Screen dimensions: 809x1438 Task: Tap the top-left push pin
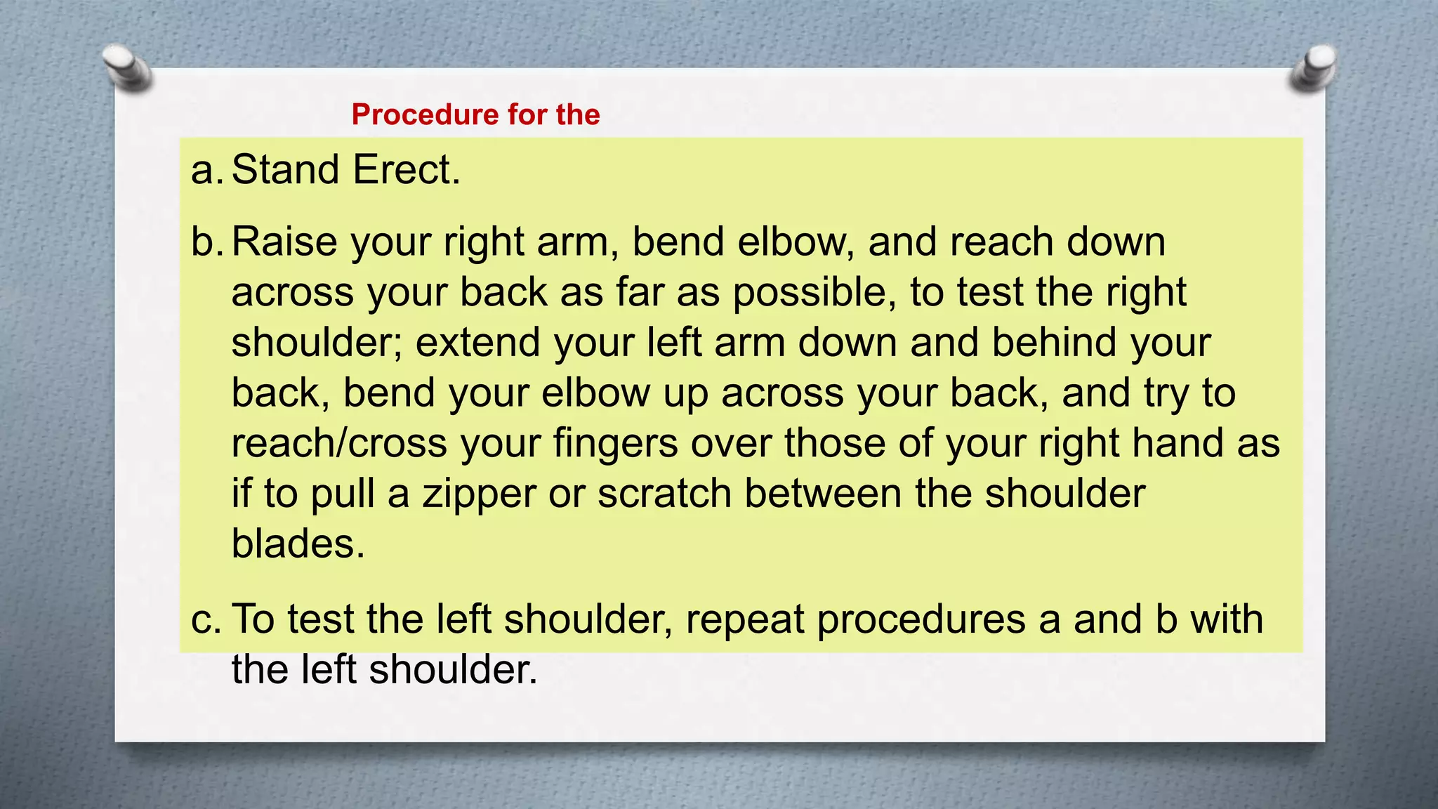point(126,68)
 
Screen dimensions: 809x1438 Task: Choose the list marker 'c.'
point(206,619)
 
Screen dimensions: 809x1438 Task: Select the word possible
point(814,293)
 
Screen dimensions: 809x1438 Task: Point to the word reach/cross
point(339,444)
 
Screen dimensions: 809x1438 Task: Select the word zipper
point(479,494)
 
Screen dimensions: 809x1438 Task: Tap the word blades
point(298,544)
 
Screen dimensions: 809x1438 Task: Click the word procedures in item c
point(921,619)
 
